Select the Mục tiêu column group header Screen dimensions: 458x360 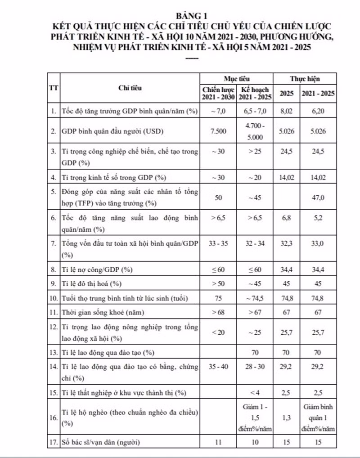click(237, 78)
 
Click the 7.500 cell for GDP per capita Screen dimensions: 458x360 click(218, 131)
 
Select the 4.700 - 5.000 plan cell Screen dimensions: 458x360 click(255, 131)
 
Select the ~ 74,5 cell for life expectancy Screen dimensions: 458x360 click(255, 298)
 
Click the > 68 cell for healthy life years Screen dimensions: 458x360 click(218, 312)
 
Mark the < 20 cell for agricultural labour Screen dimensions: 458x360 click(218, 331)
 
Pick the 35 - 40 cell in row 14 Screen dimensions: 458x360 click(218, 367)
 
